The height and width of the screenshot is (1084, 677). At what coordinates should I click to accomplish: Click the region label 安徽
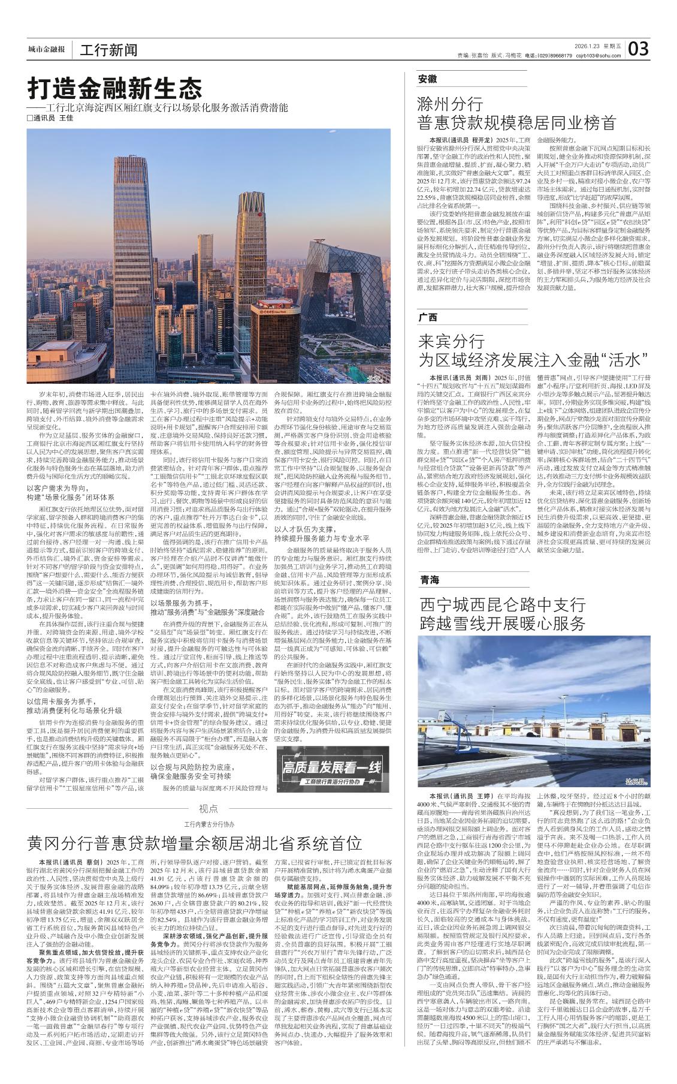pos(428,79)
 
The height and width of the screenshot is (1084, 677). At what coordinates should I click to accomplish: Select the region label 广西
pos(428,317)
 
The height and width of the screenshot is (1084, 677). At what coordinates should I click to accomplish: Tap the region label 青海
pos(429,580)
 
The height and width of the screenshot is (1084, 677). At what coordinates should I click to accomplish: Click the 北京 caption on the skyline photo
pos(374,378)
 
